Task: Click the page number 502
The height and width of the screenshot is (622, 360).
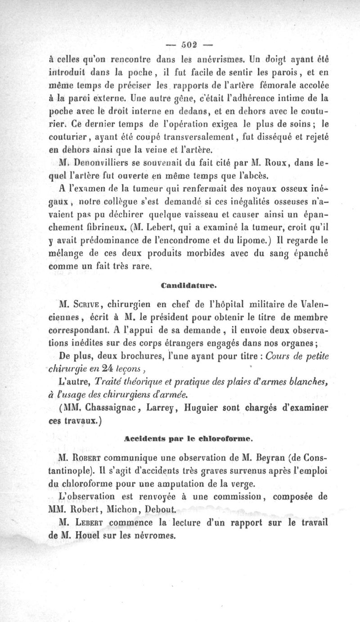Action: coord(189,45)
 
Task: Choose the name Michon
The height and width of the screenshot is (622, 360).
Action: coord(123,510)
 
